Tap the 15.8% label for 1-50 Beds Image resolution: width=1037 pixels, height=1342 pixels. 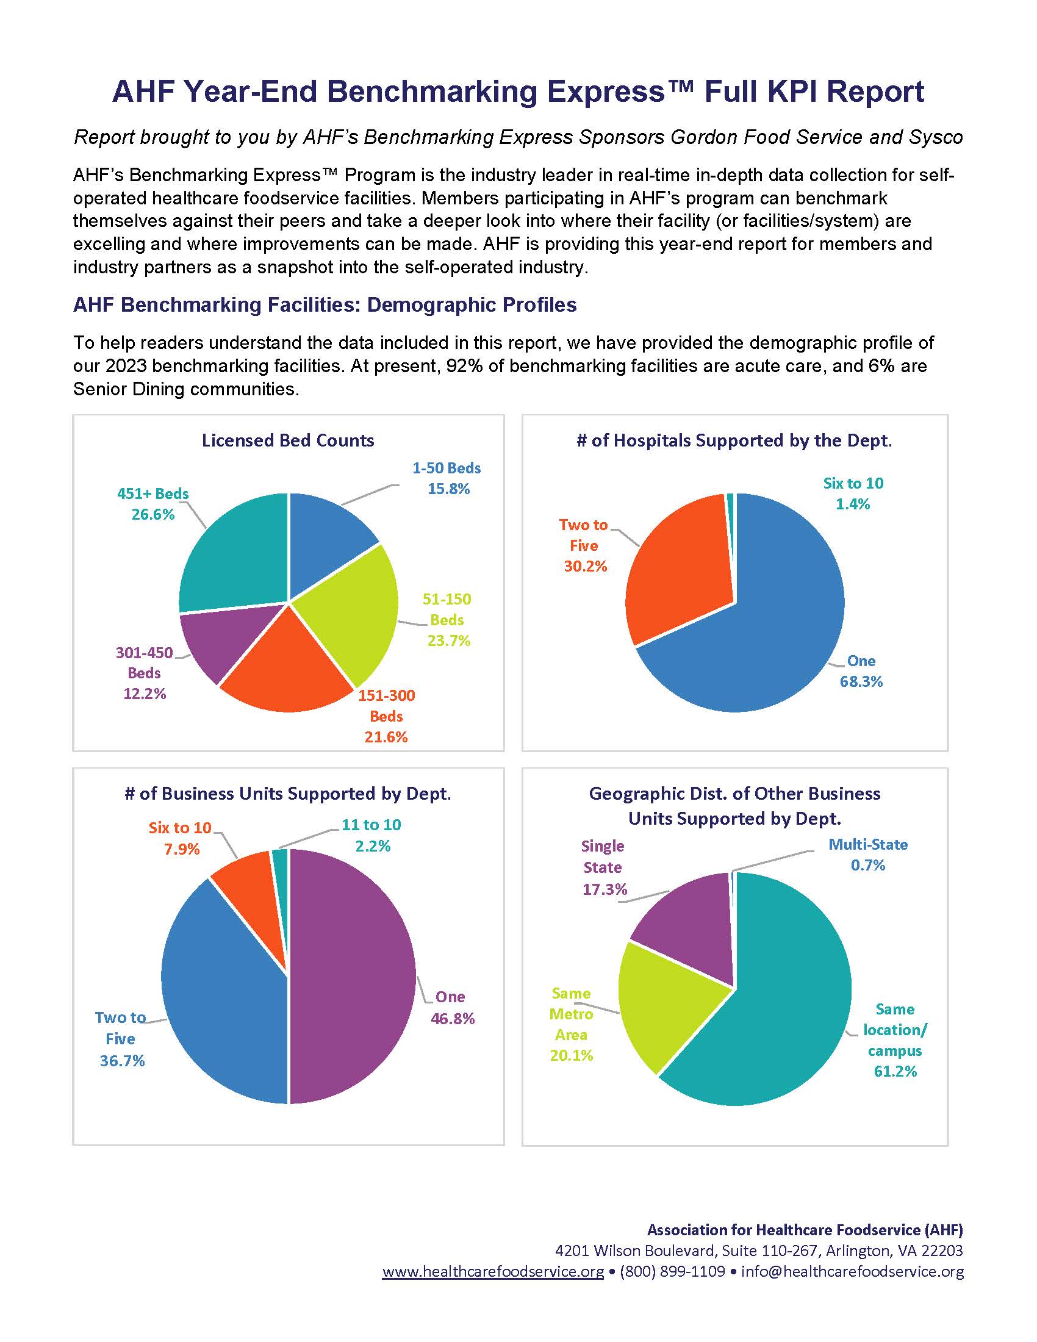point(448,489)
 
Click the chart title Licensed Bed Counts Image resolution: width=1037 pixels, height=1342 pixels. point(287,440)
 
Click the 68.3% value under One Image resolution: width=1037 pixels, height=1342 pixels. point(861,681)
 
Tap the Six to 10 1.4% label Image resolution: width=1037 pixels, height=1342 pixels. point(853,493)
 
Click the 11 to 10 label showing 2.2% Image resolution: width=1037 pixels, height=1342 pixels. point(371,835)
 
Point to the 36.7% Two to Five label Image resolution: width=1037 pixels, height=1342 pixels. point(121,1060)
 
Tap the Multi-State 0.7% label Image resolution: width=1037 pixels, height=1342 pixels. point(867,855)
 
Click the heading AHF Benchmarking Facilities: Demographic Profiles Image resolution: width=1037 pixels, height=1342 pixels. point(325,305)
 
